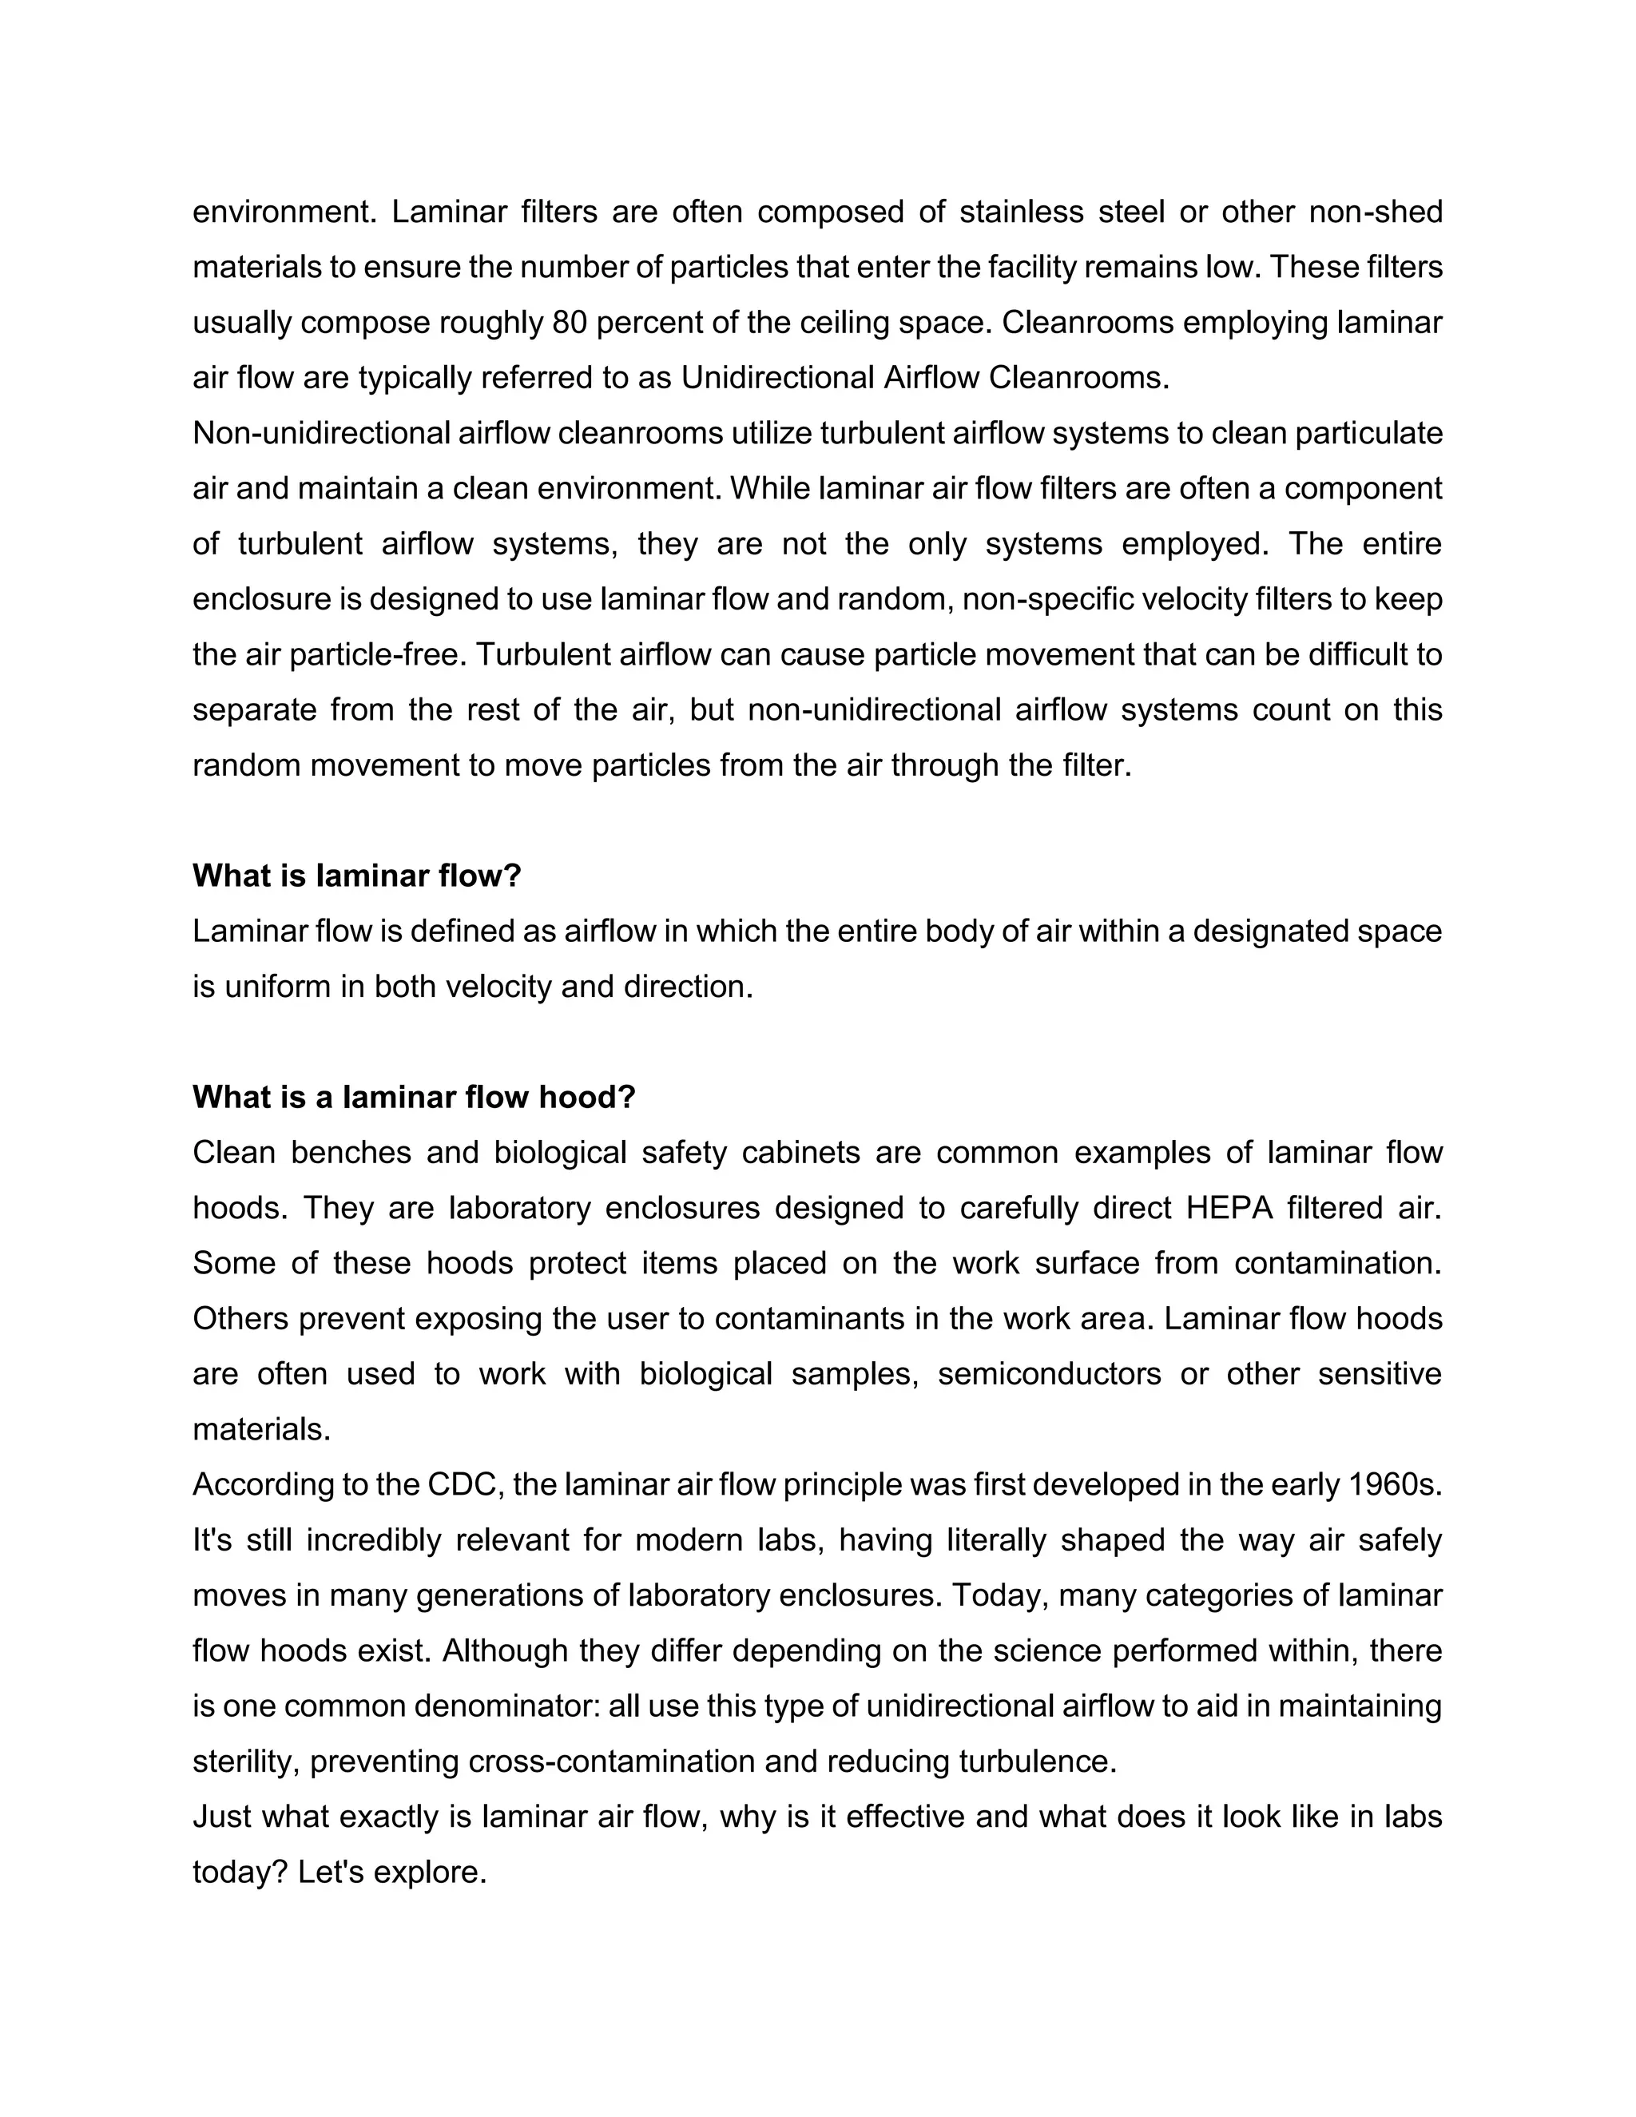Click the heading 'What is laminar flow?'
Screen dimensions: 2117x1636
(356, 876)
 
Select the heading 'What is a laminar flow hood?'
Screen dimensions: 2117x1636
(414, 1096)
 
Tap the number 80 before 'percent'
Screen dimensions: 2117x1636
(570, 322)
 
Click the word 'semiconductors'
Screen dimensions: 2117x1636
(1049, 1373)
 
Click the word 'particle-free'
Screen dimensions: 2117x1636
(373, 654)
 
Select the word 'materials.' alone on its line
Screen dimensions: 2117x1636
(262, 1429)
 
